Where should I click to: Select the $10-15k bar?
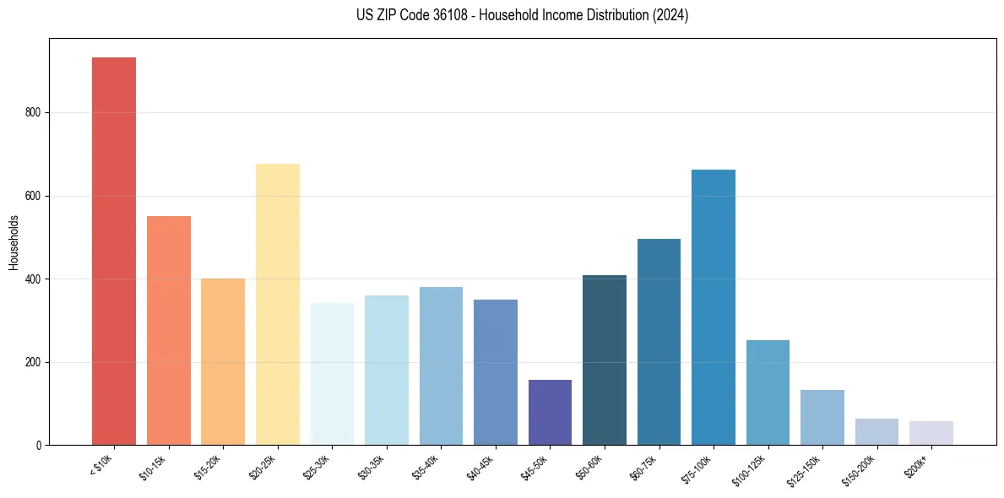[169, 330]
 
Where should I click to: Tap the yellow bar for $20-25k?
[278, 304]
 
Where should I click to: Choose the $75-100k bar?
[714, 307]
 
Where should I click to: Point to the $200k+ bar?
[931, 433]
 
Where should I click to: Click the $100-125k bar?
[768, 392]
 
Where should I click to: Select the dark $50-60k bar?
[605, 360]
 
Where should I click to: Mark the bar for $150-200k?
[876, 431]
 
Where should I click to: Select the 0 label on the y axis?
[39, 446]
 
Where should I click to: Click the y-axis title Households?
[14, 242]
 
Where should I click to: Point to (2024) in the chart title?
[671, 15]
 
